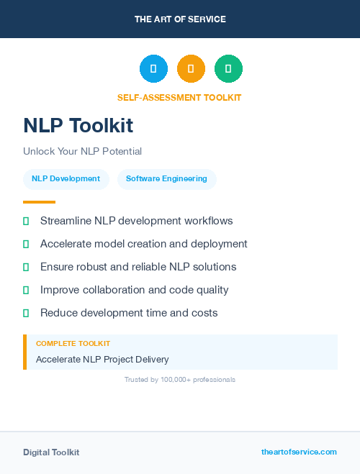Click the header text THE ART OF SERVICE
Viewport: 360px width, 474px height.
point(180,19)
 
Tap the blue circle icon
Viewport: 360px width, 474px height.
point(153,69)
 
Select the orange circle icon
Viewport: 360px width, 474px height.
point(191,69)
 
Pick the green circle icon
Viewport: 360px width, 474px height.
point(228,69)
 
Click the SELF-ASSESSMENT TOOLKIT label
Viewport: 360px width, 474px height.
point(179,98)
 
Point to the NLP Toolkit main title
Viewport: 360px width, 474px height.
point(78,126)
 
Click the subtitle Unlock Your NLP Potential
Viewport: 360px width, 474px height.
point(82,152)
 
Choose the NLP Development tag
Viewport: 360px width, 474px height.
point(66,179)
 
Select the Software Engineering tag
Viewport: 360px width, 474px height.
point(166,179)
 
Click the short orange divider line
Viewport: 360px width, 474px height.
point(39,202)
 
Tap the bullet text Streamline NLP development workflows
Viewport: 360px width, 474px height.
point(136,221)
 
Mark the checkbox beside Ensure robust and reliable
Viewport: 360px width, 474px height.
point(26,267)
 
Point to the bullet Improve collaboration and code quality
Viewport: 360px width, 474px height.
point(134,290)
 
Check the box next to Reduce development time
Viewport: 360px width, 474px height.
point(26,313)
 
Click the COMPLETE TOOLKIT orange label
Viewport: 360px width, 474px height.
point(73,344)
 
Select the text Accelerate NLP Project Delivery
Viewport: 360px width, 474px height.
point(102,360)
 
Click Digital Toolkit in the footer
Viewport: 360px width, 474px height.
point(51,452)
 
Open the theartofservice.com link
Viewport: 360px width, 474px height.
point(299,452)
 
